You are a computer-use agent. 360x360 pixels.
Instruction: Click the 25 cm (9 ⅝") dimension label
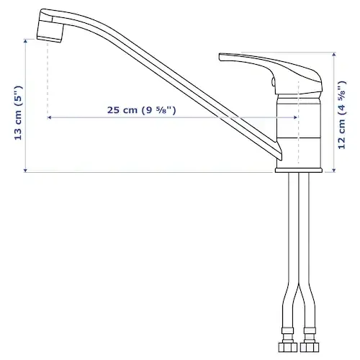coord(141,110)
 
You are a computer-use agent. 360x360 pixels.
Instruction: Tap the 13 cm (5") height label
coord(18,112)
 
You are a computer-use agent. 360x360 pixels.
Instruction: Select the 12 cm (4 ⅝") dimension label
coord(342,114)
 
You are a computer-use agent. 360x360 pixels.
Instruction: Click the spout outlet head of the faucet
coord(50,26)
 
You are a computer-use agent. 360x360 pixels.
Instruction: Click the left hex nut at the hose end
coord(288,347)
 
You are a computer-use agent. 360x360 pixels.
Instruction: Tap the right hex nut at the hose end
coord(310,347)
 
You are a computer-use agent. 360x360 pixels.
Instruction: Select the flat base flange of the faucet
coord(299,170)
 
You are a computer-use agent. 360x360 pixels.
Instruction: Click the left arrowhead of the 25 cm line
coord(49,117)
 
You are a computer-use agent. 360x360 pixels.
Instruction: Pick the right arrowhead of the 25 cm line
coord(295,117)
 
